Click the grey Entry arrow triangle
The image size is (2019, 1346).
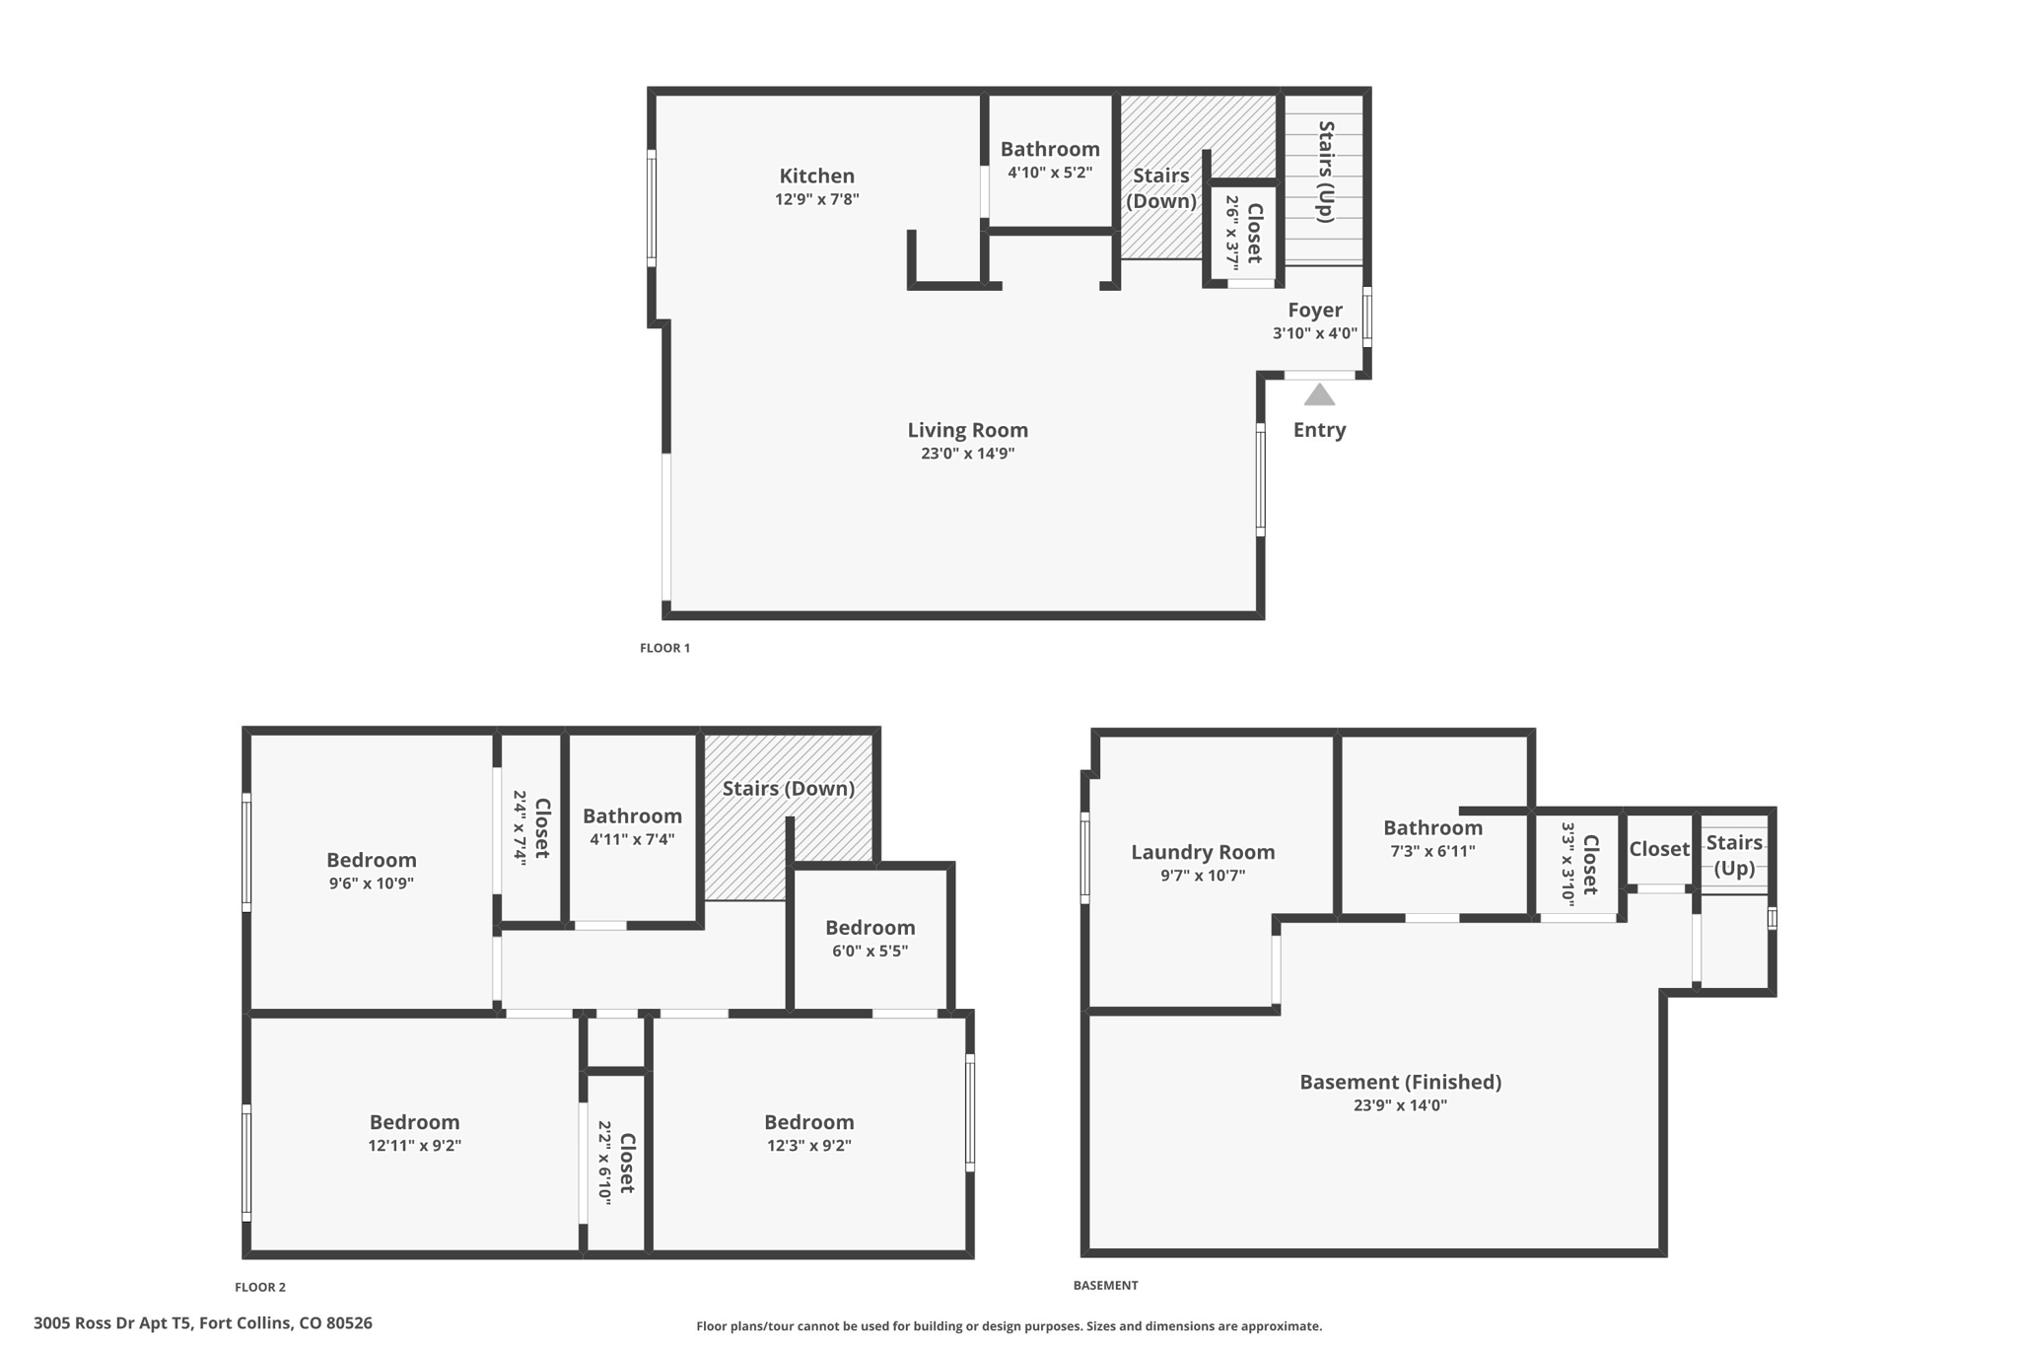(1319, 396)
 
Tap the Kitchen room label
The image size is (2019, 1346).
(816, 177)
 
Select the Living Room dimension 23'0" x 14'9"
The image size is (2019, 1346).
(967, 454)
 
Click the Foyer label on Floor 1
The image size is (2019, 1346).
(1314, 311)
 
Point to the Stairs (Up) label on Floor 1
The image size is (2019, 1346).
(1326, 172)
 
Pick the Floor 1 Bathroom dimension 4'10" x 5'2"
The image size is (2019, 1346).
(1050, 173)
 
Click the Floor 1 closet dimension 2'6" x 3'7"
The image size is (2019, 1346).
(1232, 233)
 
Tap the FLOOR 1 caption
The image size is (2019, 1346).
(664, 648)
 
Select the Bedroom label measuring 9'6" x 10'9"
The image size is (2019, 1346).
(371, 860)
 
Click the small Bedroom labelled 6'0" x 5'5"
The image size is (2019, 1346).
(870, 928)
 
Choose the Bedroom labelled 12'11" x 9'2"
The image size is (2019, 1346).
(414, 1122)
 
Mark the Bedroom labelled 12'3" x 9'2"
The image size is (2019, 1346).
(808, 1122)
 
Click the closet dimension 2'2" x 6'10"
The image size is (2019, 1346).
(604, 1162)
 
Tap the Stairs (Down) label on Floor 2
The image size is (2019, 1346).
(788, 789)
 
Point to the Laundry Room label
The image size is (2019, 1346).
(1203, 852)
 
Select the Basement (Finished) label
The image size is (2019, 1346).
(1400, 1082)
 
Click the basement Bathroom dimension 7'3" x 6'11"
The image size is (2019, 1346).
(1432, 851)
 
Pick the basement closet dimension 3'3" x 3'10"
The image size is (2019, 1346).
(1567, 864)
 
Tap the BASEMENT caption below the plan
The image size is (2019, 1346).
(1105, 1285)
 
